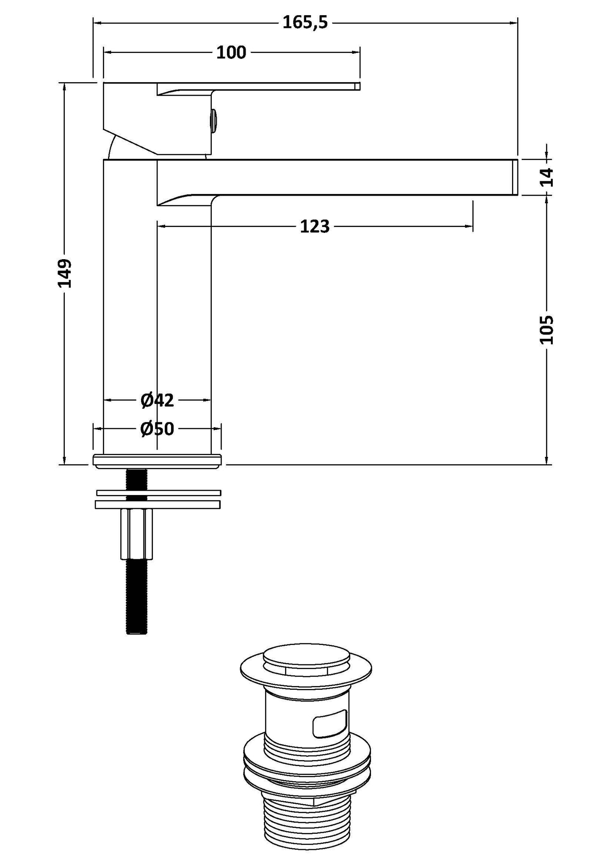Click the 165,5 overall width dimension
pos(305,22)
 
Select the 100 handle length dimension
pos(231,53)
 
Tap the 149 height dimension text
pos(65,274)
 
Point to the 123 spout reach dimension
pos(315,227)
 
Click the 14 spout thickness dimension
pos(547,177)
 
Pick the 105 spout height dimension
pos(547,329)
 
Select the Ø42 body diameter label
pos(157,400)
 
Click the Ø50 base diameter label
pos(157,429)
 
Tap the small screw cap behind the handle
pos(214,120)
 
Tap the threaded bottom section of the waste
pos(306,822)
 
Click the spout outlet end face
pos(515,177)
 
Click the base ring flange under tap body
pos(157,461)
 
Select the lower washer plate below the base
pos(158,504)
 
